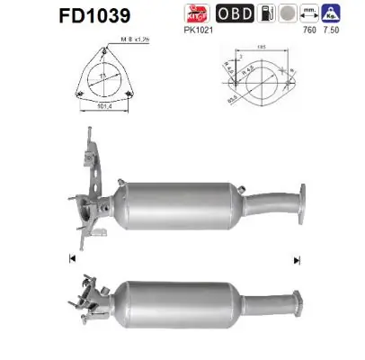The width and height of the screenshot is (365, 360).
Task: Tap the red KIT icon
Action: [x=218, y=15]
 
